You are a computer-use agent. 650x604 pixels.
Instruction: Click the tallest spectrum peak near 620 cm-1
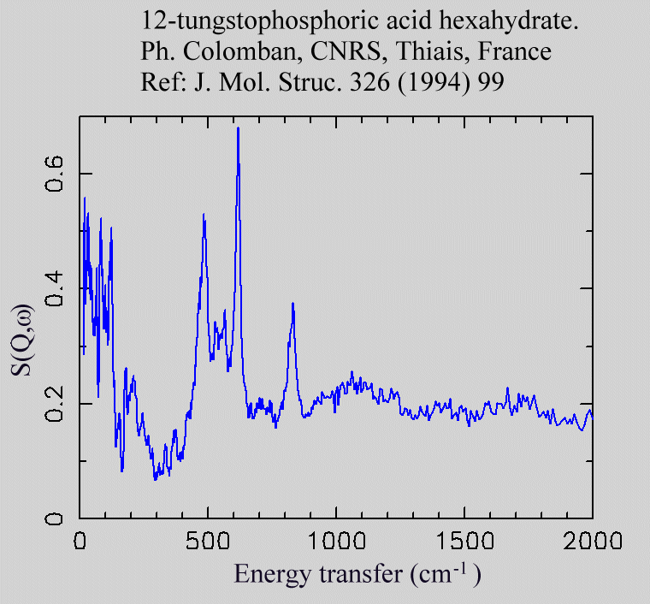click(238, 128)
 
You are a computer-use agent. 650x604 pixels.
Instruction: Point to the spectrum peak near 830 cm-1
click(292, 304)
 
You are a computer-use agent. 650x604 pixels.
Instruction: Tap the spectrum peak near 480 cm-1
click(204, 215)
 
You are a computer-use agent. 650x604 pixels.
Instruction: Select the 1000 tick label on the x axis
click(335, 541)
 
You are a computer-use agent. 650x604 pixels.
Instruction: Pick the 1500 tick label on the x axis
click(464, 541)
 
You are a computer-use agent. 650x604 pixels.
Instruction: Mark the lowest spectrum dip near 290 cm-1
click(155, 479)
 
